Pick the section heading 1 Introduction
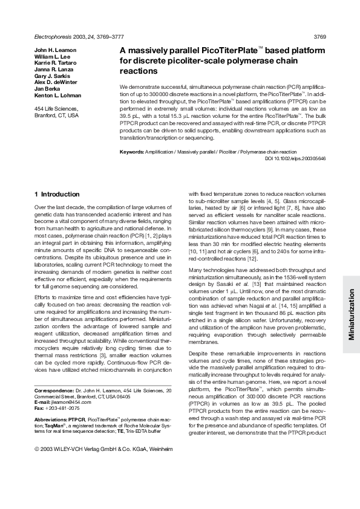click(57, 194)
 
